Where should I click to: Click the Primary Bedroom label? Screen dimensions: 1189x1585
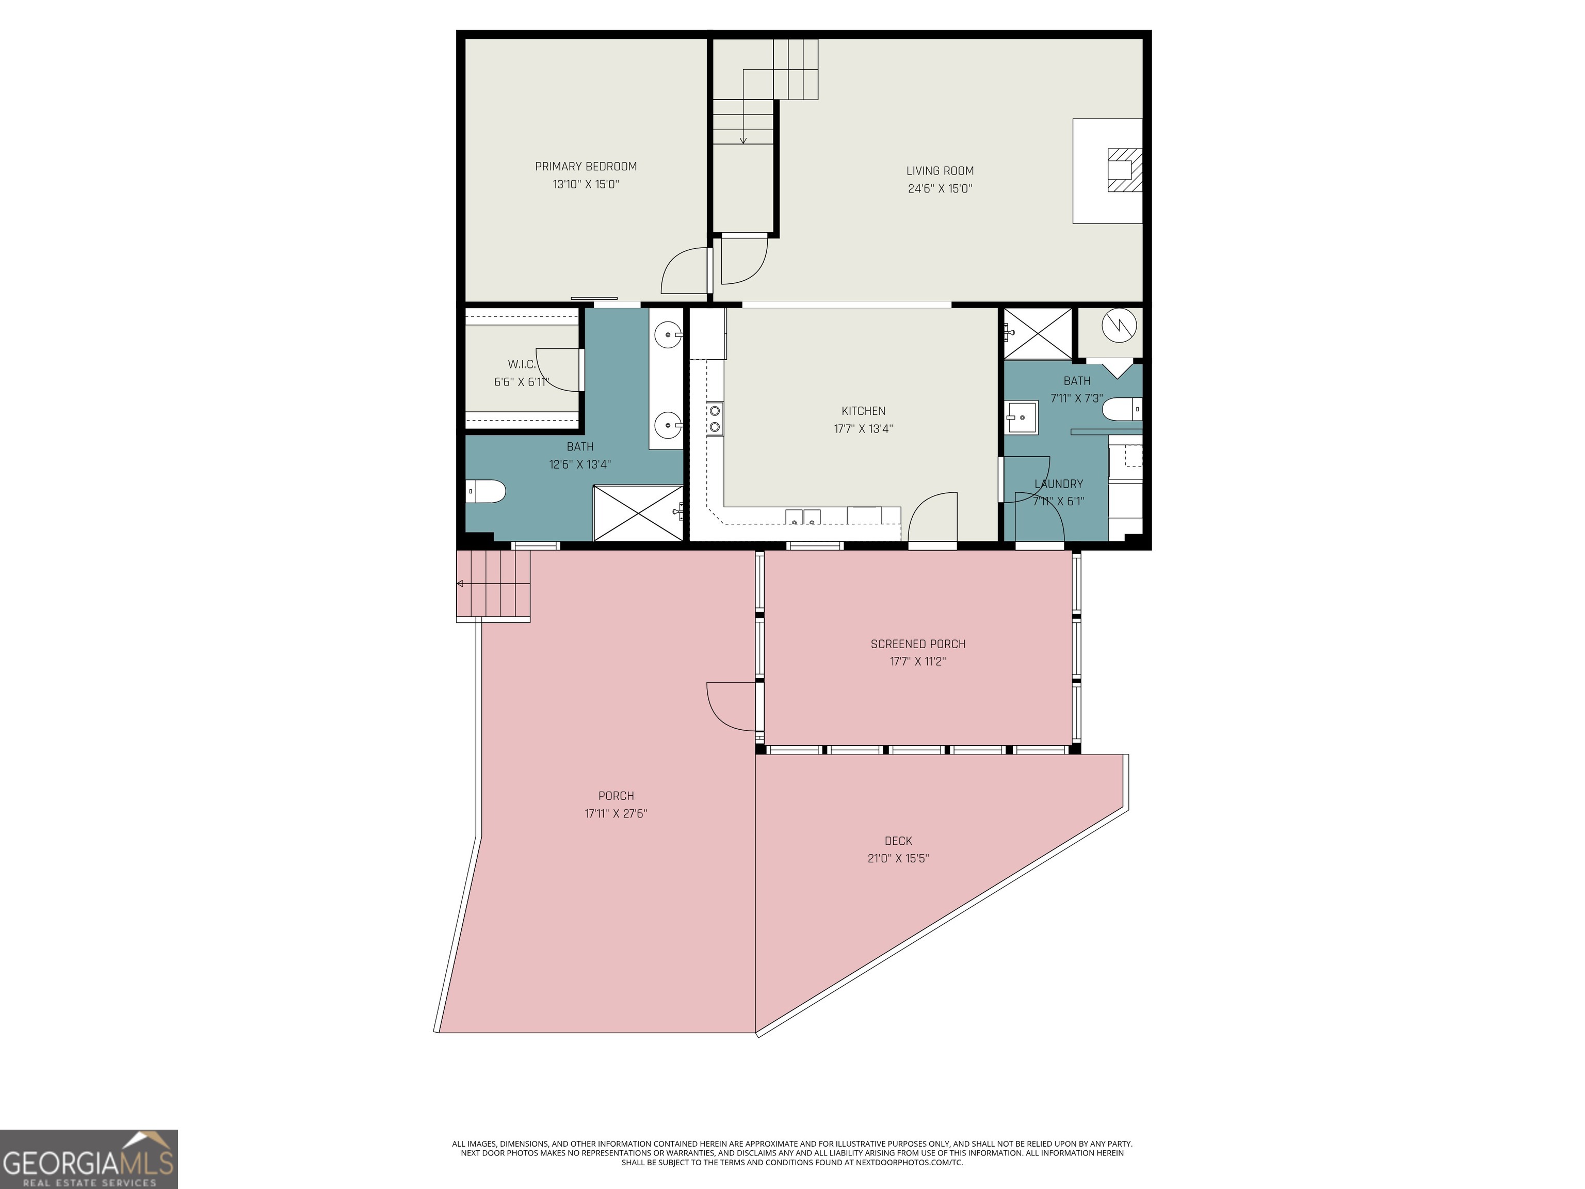586,166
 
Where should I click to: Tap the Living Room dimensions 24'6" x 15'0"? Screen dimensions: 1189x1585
940,188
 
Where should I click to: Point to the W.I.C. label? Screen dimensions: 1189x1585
522,365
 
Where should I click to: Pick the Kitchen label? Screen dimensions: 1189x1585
863,411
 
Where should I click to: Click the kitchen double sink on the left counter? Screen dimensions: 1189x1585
715,419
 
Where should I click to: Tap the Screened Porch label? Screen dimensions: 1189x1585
918,644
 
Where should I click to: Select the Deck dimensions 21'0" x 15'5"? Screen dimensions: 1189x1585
898,859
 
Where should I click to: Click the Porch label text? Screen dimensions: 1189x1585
616,796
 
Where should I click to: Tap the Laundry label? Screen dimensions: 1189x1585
1058,484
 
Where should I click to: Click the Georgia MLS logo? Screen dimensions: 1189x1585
89,1159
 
